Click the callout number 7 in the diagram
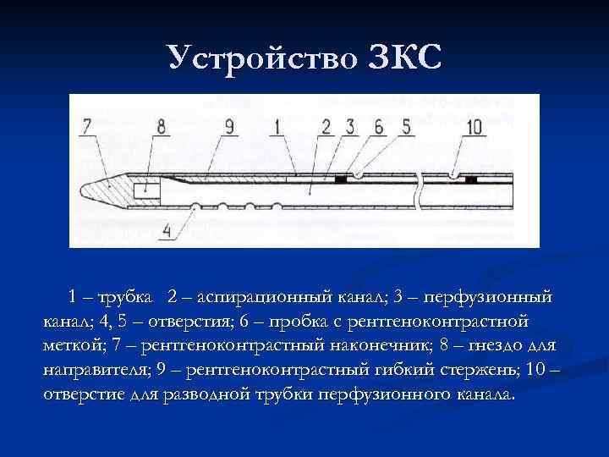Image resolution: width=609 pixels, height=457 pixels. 87,127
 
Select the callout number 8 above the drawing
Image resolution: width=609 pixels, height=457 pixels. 161,127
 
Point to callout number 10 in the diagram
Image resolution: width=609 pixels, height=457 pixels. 474,127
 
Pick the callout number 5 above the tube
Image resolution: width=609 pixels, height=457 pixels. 406,127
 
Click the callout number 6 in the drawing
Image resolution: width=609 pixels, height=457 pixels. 377,127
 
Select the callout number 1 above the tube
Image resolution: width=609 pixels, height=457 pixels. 274,127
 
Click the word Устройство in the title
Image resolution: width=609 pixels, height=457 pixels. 263,58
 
